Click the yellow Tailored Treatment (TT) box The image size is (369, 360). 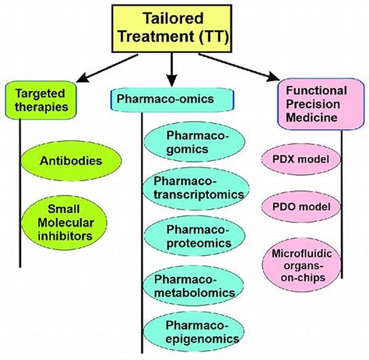[x=172, y=28]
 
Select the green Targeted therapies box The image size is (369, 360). [x=41, y=100]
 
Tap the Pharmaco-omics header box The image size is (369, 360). [x=172, y=100]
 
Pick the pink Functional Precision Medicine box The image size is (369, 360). [x=321, y=104]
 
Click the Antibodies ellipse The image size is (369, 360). [x=71, y=161]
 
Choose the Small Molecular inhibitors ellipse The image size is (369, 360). [x=64, y=222]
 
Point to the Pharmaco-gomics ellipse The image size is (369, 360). [x=194, y=143]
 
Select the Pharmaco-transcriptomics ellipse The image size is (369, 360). [x=196, y=189]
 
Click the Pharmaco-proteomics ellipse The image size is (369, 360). [x=194, y=236]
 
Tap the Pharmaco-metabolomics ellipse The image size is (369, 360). [x=194, y=286]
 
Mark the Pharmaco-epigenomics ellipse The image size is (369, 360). [x=194, y=332]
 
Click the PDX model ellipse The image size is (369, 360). [x=301, y=159]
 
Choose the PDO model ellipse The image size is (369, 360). [x=301, y=206]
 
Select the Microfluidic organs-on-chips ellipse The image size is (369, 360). [x=301, y=266]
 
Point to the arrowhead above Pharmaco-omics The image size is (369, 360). [x=172, y=80]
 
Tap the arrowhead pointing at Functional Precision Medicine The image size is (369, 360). [x=274, y=77]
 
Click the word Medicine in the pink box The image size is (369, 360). [x=312, y=117]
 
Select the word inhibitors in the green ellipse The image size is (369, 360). [x=65, y=236]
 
